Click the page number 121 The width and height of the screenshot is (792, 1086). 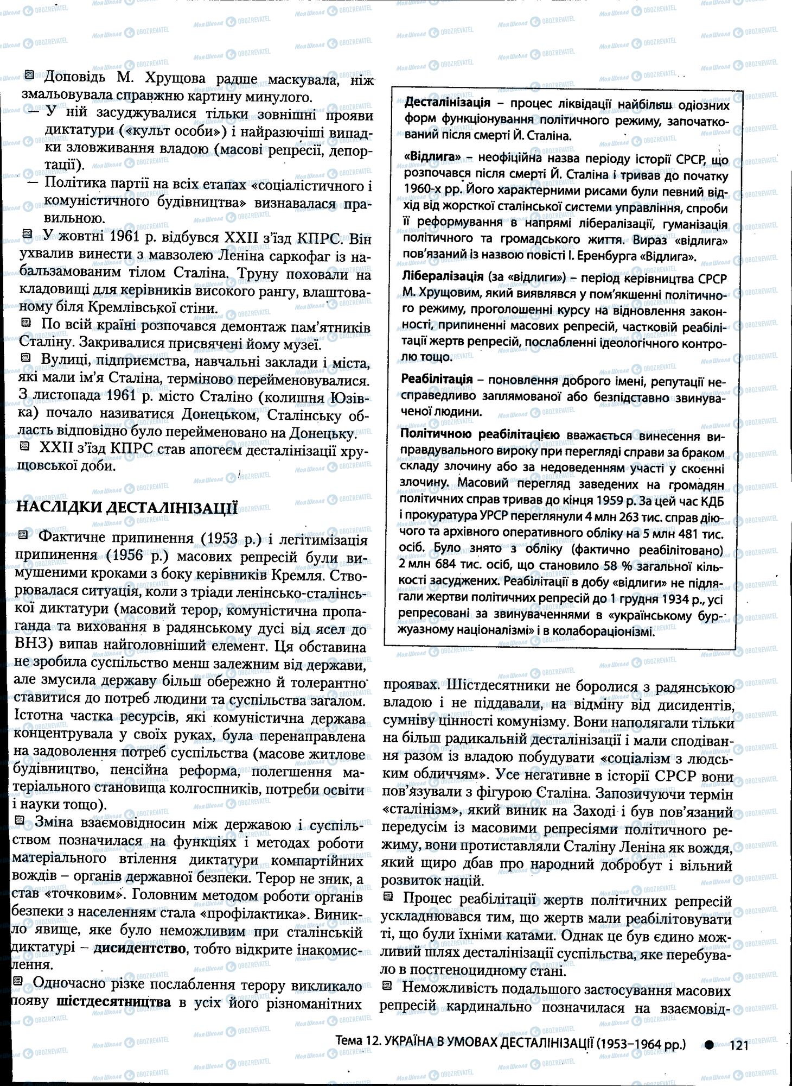pyautogui.click(x=739, y=1044)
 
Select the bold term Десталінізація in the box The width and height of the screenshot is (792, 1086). pyautogui.click(x=447, y=103)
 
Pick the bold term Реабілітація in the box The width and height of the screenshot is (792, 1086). pyautogui.click(x=437, y=379)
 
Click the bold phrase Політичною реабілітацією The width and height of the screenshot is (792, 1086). pyautogui.click(x=480, y=435)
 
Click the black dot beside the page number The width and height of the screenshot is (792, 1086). pyautogui.click(x=710, y=1044)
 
